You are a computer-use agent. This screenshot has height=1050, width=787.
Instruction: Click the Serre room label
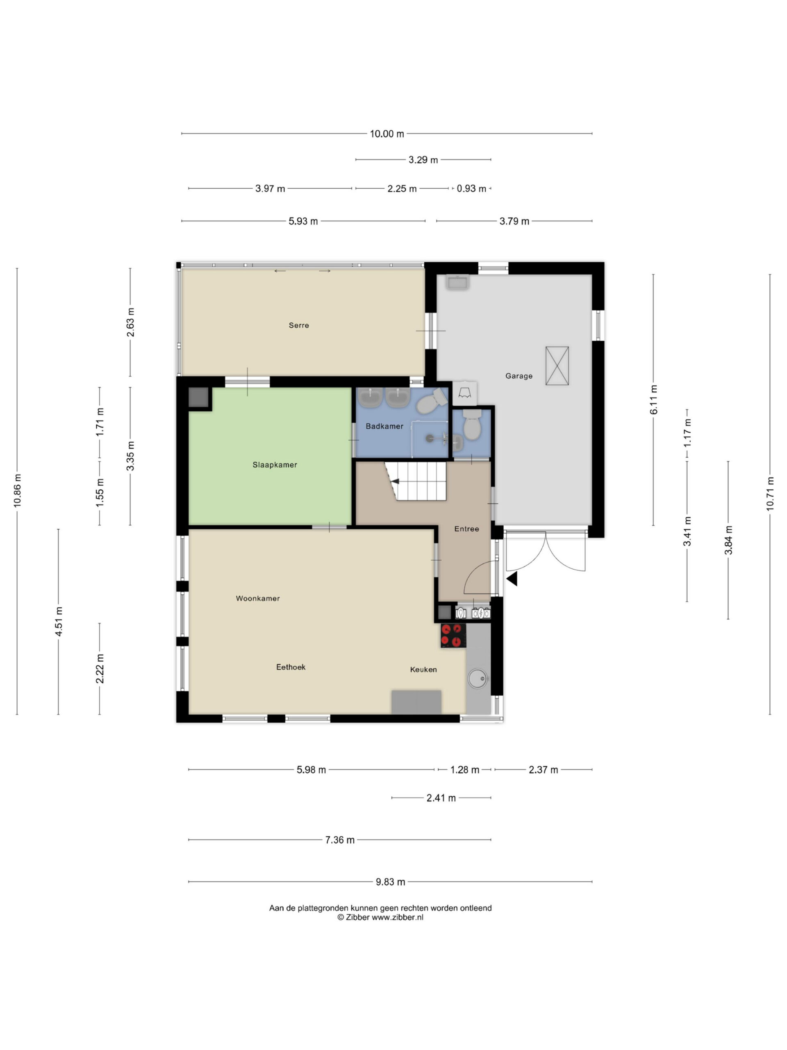click(299, 325)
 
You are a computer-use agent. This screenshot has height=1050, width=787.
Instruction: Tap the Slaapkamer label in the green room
click(275, 465)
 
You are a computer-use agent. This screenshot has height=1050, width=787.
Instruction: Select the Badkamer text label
click(384, 426)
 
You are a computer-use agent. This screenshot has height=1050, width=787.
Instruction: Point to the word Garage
click(519, 376)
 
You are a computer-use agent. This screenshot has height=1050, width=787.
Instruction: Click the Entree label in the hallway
click(466, 529)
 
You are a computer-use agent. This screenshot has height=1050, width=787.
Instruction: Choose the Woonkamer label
click(257, 598)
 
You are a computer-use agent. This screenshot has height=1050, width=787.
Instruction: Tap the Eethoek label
click(291, 667)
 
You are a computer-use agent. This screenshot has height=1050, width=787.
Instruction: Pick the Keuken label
click(423, 669)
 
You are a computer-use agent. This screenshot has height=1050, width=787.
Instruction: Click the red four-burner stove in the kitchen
click(453, 636)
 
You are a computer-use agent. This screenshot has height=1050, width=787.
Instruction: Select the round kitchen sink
click(477, 678)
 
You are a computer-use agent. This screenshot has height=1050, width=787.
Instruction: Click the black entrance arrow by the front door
click(512, 579)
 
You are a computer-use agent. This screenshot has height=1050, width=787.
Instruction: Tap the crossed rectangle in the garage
click(557, 365)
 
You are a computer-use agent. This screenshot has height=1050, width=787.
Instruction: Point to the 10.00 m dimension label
click(387, 134)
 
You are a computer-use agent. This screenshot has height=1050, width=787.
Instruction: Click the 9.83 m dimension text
click(390, 882)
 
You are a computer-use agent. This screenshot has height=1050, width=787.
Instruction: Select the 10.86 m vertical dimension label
click(18, 491)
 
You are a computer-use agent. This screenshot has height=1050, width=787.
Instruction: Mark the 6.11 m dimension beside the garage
click(654, 399)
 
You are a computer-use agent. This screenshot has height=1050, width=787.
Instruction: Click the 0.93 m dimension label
click(471, 188)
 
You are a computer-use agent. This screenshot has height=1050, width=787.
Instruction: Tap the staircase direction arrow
click(395, 482)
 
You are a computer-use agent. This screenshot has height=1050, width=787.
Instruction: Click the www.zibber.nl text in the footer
click(397, 918)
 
